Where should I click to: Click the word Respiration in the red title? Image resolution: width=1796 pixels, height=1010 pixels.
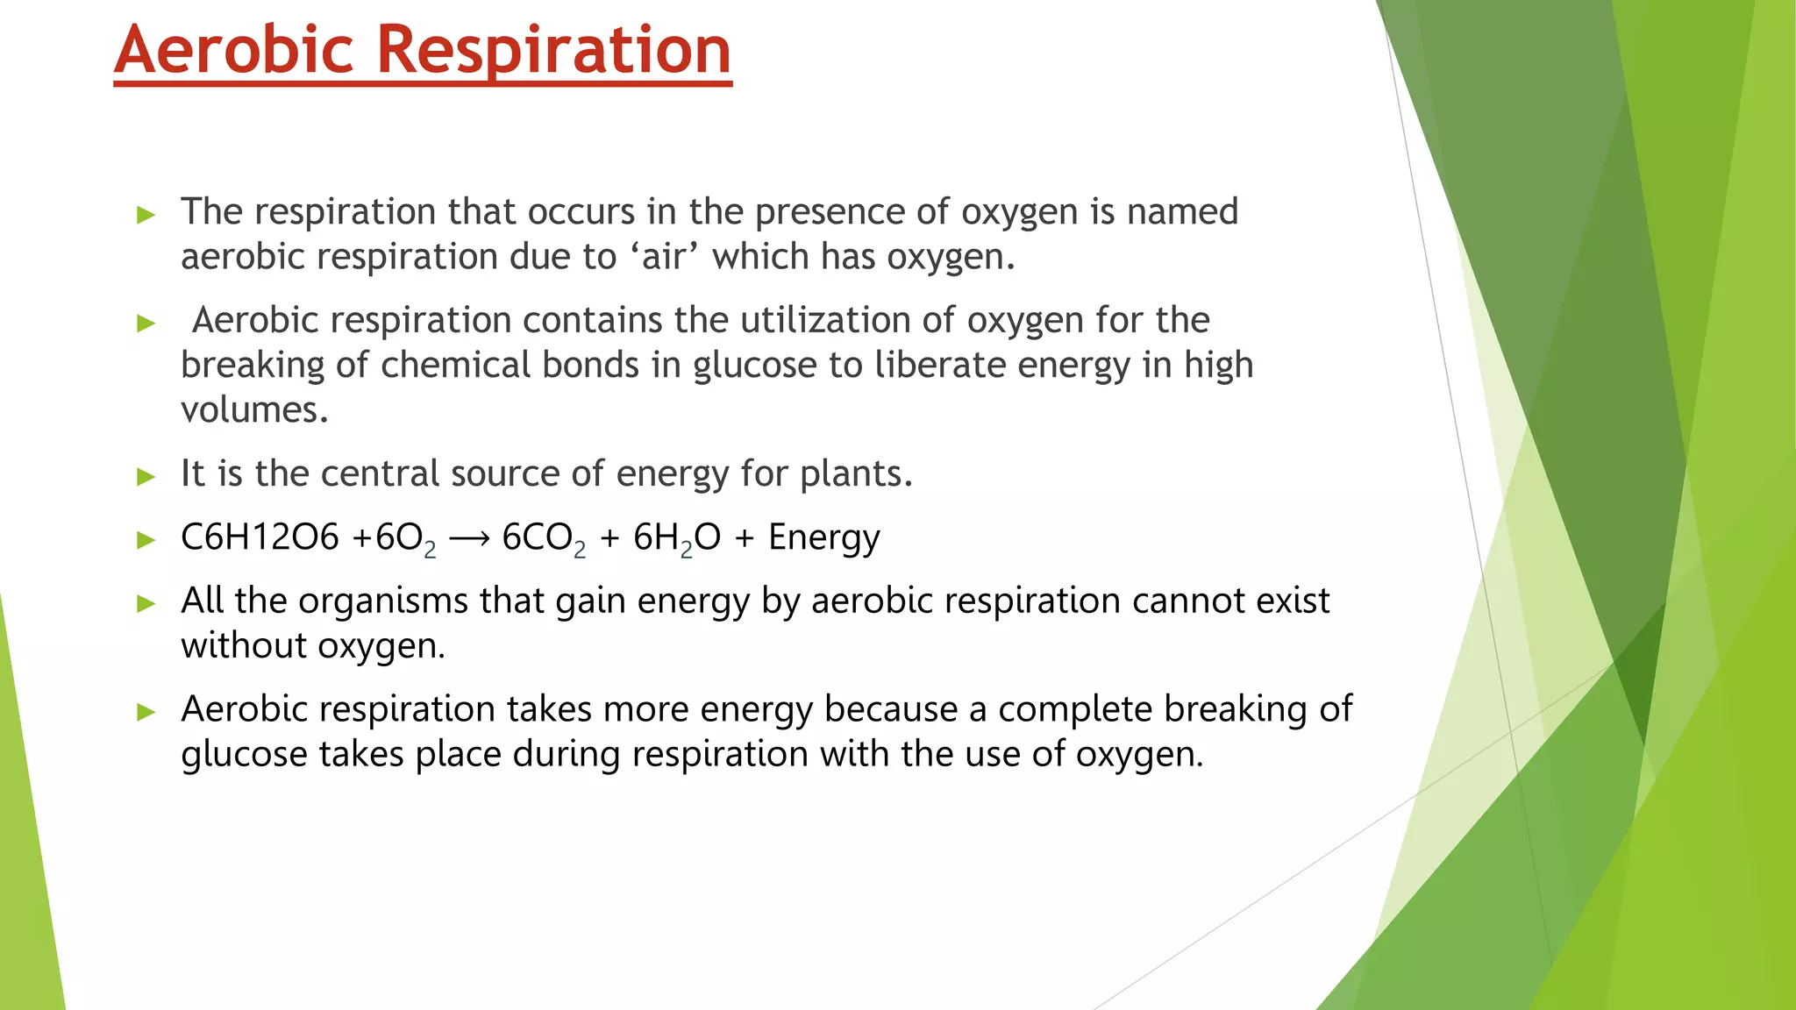[554, 50]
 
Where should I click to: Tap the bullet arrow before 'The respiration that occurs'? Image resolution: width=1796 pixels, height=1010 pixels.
[146, 215]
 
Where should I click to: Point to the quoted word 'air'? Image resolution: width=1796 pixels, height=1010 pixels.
[664, 257]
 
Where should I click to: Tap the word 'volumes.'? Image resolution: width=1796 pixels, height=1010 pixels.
[254, 410]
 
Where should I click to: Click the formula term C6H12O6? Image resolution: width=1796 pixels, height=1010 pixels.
[260, 537]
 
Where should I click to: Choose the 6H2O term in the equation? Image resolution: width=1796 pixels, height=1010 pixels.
[677, 538]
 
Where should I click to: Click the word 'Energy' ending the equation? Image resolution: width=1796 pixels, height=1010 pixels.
[823, 538]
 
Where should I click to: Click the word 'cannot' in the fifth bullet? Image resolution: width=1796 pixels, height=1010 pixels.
[1187, 601]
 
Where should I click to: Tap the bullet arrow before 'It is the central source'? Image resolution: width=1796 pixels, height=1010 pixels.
[146, 477]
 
